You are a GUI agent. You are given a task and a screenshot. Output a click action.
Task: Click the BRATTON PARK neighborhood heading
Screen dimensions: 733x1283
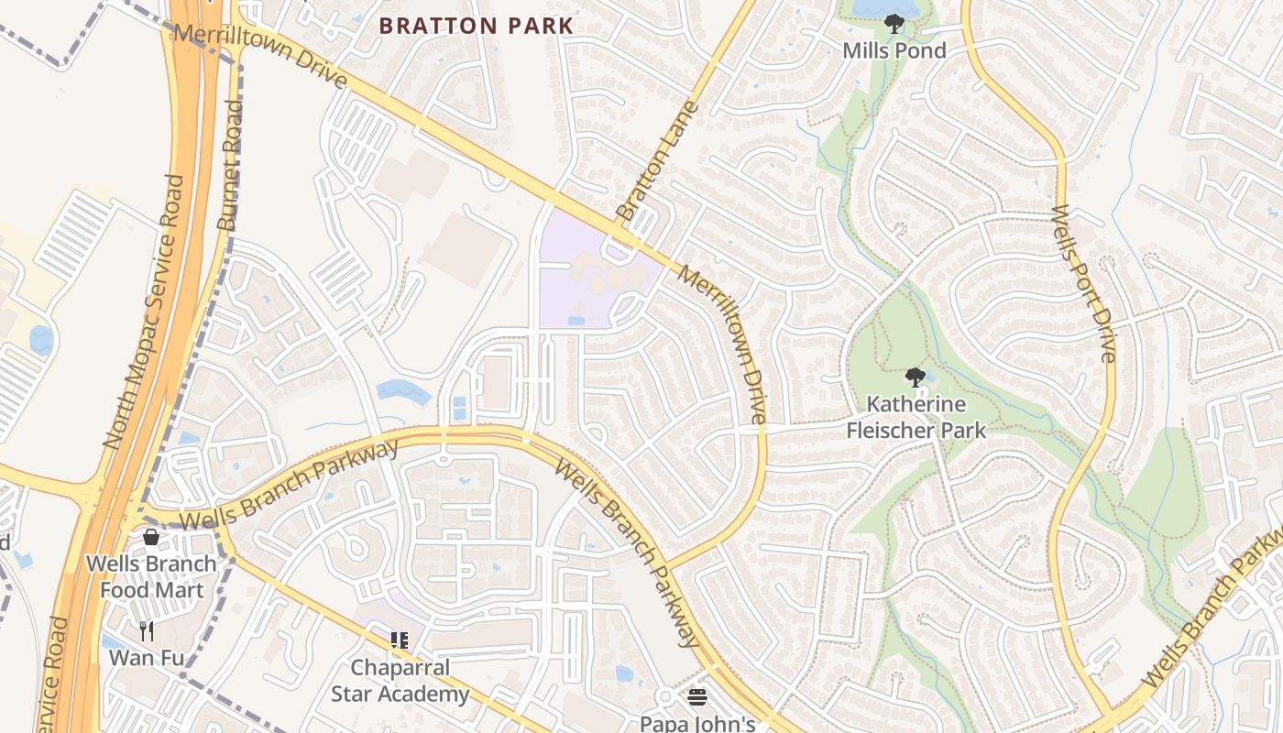click(476, 26)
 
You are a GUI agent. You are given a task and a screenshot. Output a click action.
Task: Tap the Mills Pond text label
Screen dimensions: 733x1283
click(894, 51)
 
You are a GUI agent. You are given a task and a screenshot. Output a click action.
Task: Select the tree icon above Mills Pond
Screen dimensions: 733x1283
click(894, 24)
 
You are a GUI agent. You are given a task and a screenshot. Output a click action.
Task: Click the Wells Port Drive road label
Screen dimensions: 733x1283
click(1083, 283)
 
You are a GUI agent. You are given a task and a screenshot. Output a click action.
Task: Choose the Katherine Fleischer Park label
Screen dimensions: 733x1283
click(915, 417)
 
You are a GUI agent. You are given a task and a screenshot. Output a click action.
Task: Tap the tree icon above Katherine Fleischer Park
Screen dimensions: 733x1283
click(914, 377)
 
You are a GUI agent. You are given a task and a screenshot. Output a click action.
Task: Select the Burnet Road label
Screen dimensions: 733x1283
click(230, 165)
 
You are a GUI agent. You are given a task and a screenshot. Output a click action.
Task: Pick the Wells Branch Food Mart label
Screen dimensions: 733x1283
click(151, 576)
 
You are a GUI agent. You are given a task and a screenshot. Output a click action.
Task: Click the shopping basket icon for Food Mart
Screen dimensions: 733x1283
click(151, 537)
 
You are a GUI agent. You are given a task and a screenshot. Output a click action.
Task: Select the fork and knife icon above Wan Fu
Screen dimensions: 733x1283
click(146, 630)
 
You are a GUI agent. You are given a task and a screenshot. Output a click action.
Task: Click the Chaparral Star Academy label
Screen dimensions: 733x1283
click(400, 681)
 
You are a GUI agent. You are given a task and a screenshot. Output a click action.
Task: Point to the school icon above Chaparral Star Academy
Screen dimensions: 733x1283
click(400, 640)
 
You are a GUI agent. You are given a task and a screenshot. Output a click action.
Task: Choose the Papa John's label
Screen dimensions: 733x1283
click(696, 723)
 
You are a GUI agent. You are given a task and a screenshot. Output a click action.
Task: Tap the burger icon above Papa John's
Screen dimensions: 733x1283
click(696, 697)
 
